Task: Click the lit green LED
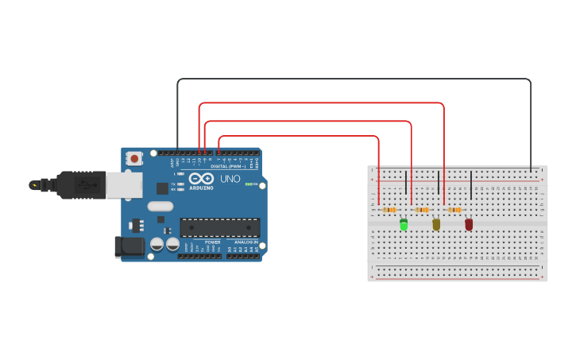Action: pos(404,225)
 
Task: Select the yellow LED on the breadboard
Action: pos(436,225)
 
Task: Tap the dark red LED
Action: pos(469,225)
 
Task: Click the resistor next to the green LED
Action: pos(389,210)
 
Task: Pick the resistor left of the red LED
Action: pos(454,210)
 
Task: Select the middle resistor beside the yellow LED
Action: pos(422,210)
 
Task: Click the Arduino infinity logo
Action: pos(201,179)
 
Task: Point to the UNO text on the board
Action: pos(230,180)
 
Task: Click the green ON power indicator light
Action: pos(249,184)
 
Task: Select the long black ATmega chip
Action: pos(219,228)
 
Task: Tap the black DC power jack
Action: pos(130,247)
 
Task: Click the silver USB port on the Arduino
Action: pos(124,185)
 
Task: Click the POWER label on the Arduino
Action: pos(212,242)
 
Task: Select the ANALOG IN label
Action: pos(245,242)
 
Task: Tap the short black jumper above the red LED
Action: pos(471,185)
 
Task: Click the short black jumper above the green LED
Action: pos(406,183)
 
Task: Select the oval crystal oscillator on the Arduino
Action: pos(160,207)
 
